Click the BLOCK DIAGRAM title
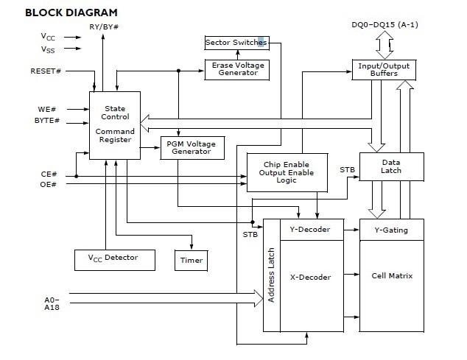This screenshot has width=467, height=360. pos(60,13)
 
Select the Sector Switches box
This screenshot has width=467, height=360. pos(236,43)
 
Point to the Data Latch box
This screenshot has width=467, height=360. pos(391,167)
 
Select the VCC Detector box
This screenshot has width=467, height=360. pos(116,258)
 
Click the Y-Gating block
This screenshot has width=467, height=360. pos(391,230)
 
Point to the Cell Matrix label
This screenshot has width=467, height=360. pos(391,276)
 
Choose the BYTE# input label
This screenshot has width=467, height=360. pos(47,120)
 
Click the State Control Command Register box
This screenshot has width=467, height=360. pos(115,124)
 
